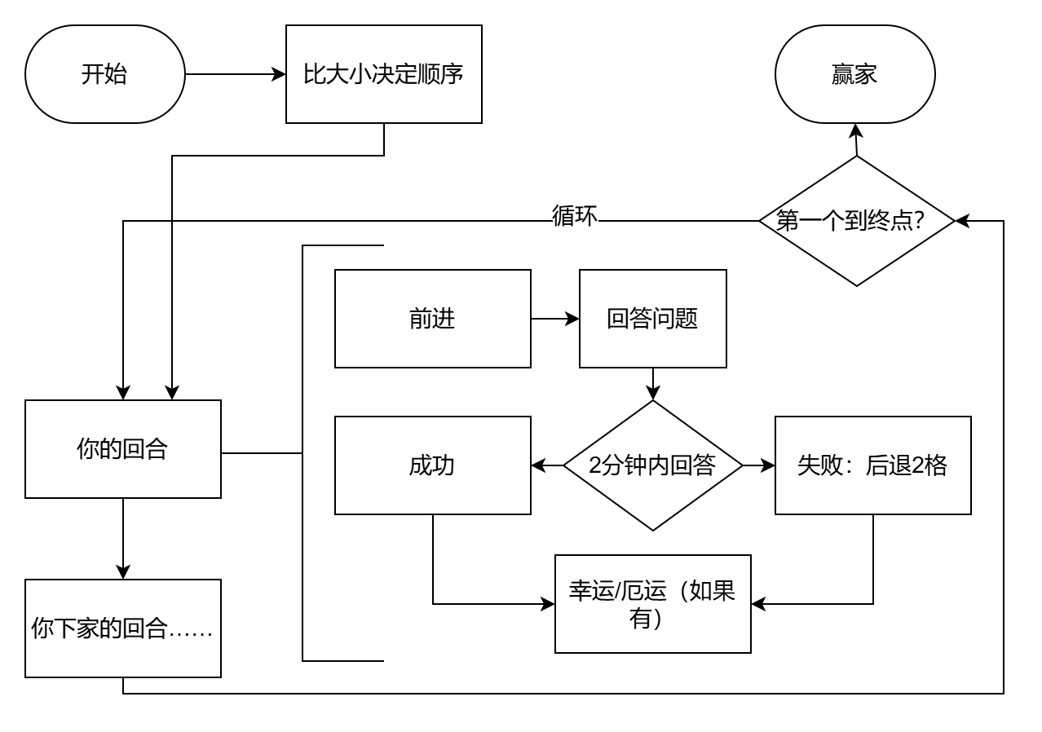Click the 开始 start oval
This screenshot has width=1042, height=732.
(105, 74)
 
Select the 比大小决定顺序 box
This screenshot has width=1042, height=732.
(383, 74)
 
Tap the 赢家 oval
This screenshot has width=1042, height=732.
(855, 74)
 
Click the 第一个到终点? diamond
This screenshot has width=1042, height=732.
(856, 221)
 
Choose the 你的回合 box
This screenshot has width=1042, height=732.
(122, 449)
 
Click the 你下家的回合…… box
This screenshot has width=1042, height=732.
(122, 628)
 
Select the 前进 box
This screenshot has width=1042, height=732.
(432, 319)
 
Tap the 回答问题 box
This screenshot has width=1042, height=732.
(652, 319)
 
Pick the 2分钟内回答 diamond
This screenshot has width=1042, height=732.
(652, 465)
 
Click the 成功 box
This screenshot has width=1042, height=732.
(432, 465)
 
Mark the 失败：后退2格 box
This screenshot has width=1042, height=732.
(872, 465)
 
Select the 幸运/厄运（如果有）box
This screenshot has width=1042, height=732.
(652, 604)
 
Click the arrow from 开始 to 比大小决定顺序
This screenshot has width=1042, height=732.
(236, 74)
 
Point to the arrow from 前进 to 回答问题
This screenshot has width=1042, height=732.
(554, 319)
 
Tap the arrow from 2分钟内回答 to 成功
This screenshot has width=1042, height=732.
(547, 465)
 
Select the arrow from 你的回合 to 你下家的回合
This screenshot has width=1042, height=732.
(122, 538)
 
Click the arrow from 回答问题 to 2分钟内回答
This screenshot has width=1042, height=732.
(652, 384)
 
